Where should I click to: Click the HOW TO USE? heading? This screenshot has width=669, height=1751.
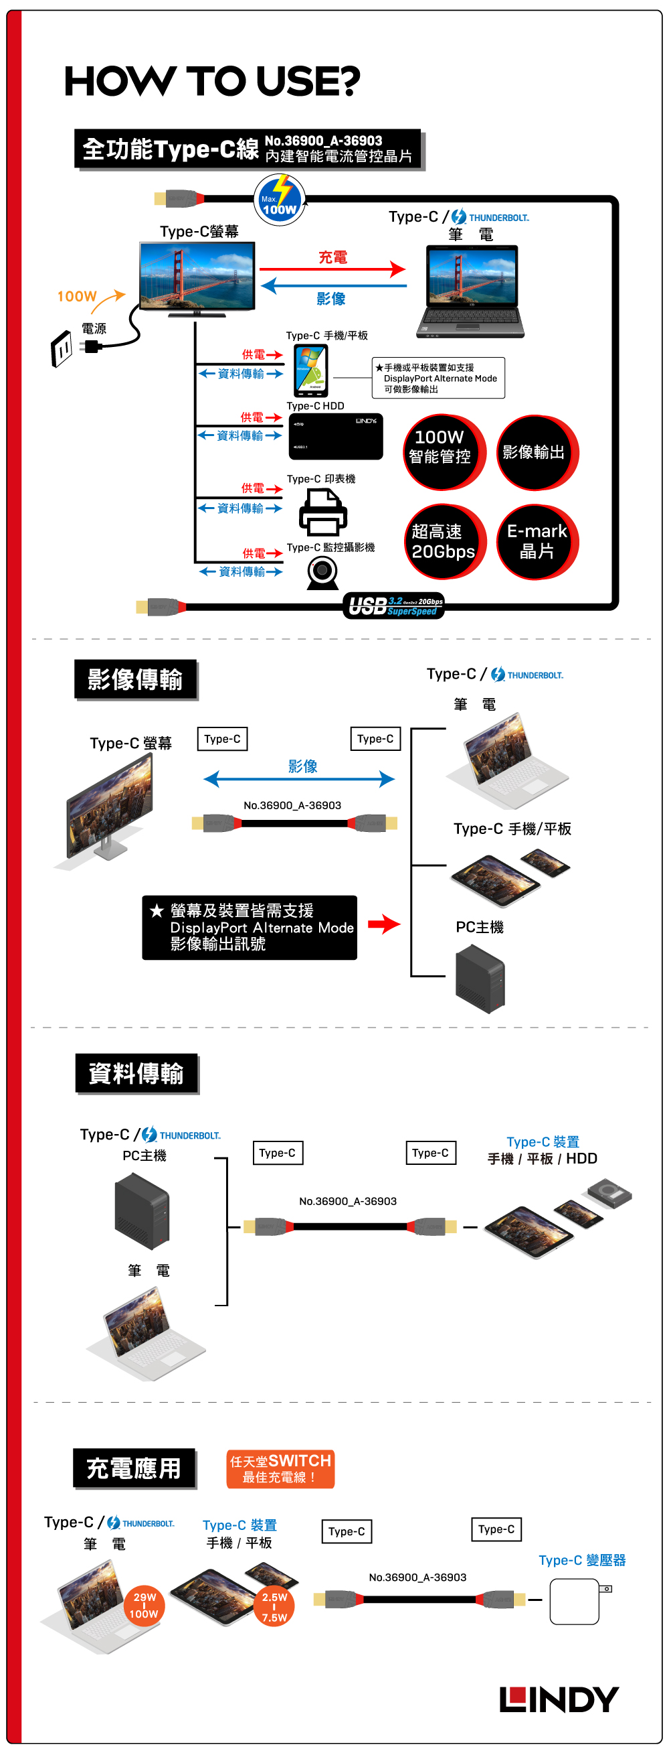tap(212, 82)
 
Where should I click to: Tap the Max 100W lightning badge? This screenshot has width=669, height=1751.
tap(279, 199)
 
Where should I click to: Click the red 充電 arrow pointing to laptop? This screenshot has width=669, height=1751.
tap(332, 269)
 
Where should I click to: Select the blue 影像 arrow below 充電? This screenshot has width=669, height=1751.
tap(332, 286)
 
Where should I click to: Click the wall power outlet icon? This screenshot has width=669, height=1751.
tap(62, 349)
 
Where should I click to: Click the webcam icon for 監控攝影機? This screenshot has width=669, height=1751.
tap(322, 572)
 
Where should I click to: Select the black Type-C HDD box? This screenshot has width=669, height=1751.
tap(336, 436)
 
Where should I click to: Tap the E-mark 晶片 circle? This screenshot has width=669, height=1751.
tap(537, 541)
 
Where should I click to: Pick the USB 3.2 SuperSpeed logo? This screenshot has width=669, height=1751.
tap(394, 605)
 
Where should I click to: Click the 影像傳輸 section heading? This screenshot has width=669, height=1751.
tap(135, 679)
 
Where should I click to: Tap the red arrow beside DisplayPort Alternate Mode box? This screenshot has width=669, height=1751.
tap(384, 924)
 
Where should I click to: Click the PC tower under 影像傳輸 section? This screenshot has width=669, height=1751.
tap(480, 979)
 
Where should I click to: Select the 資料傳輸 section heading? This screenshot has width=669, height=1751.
tap(136, 1073)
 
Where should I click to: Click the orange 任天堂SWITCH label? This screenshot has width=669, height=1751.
tap(280, 1468)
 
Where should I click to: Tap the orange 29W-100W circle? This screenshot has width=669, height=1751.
tap(145, 1605)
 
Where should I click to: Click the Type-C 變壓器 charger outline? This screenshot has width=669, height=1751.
tap(575, 1602)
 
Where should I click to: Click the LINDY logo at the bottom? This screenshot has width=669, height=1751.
tap(559, 1699)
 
